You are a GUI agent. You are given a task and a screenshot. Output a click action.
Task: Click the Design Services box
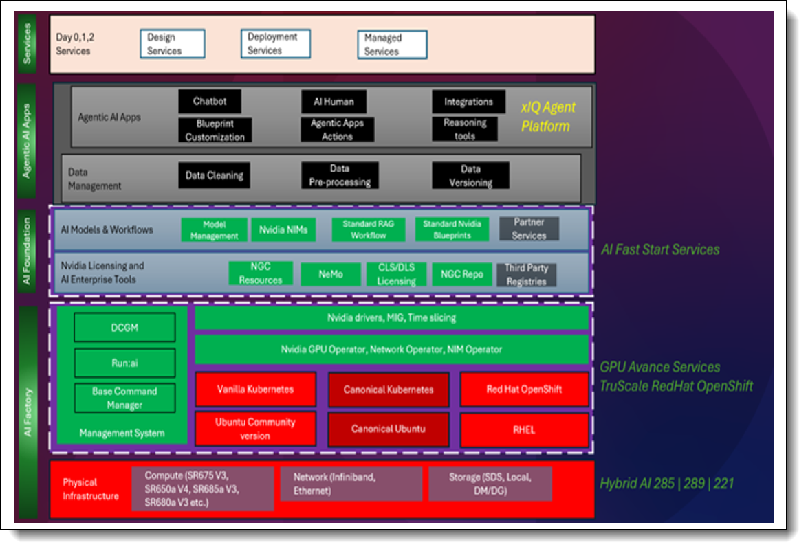(x=173, y=44)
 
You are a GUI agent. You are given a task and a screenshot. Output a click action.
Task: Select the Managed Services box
(x=392, y=45)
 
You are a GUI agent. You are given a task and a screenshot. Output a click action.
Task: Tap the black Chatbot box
(x=210, y=102)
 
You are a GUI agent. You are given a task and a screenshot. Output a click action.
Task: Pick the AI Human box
(x=334, y=102)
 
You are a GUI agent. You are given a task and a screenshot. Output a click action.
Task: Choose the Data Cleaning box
(x=214, y=175)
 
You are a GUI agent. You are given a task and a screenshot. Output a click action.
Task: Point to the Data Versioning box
(x=470, y=176)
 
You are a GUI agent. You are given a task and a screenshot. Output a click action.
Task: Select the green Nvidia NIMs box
(x=283, y=230)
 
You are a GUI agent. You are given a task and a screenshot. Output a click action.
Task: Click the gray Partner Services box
(x=528, y=229)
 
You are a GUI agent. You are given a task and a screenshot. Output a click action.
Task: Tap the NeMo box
(x=331, y=274)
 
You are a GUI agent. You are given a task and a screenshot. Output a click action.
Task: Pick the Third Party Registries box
(x=526, y=274)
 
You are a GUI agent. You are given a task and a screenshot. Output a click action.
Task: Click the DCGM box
(x=124, y=328)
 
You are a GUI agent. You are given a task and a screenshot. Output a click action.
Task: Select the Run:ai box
(x=124, y=362)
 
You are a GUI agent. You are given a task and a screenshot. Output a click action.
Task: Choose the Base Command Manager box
(x=124, y=398)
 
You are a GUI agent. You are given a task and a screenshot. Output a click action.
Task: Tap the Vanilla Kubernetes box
(x=255, y=390)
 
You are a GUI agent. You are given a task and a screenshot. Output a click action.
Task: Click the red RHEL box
(x=525, y=430)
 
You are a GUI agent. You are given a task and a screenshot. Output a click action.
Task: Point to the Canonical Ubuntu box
(x=388, y=429)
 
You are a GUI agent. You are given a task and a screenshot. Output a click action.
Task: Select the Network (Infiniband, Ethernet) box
(x=351, y=484)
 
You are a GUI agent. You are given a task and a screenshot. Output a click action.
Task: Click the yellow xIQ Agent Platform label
(x=547, y=117)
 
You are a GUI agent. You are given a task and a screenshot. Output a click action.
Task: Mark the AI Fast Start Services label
(x=659, y=249)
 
